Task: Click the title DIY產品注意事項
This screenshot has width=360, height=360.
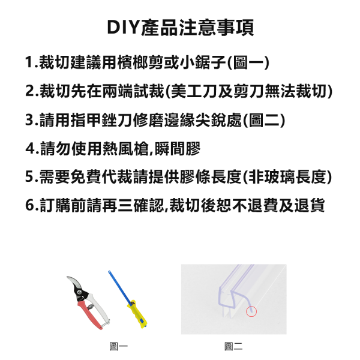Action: coord(180,28)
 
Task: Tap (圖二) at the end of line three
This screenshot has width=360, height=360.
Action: coord(263,120)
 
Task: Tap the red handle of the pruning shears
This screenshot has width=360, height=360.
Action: coord(90,313)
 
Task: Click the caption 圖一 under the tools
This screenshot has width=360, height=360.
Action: coord(118,346)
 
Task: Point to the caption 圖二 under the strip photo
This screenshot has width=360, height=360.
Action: coord(233,346)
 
